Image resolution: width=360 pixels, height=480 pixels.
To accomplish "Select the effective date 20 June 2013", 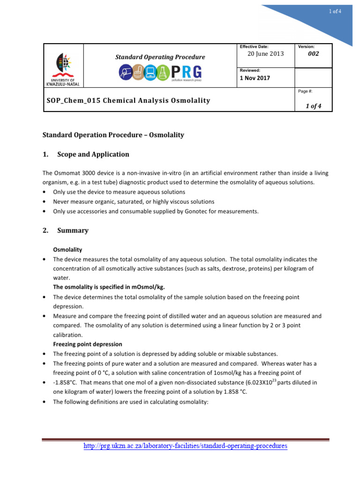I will (x=265, y=54).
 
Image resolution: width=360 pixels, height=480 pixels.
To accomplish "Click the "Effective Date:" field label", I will (x=254, y=46).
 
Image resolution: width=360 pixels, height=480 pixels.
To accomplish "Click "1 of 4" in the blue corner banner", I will (x=336, y=11).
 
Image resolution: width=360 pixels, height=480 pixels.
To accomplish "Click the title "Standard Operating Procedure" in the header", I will (x=160, y=57).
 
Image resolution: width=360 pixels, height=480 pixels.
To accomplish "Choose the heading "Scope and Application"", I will (x=93, y=154).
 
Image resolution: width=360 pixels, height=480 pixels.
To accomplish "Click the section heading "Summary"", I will (x=73, y=231).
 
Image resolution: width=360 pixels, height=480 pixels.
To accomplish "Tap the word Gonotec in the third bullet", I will (x=197, y=211).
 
